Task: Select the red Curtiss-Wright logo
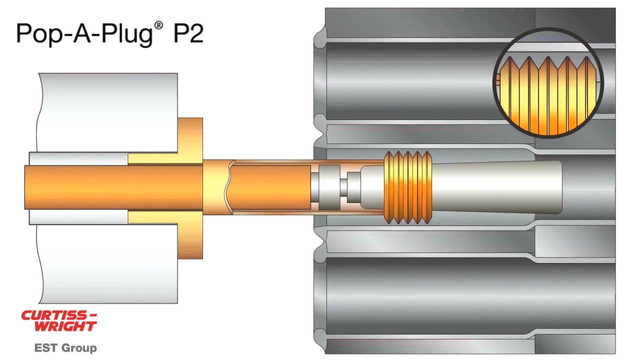[59, 321]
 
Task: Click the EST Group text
[65, 347]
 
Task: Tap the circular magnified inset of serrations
[548, 83]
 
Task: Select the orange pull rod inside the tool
[115, 187]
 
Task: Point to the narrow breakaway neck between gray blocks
[343, 187]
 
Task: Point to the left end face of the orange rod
[25, 187]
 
